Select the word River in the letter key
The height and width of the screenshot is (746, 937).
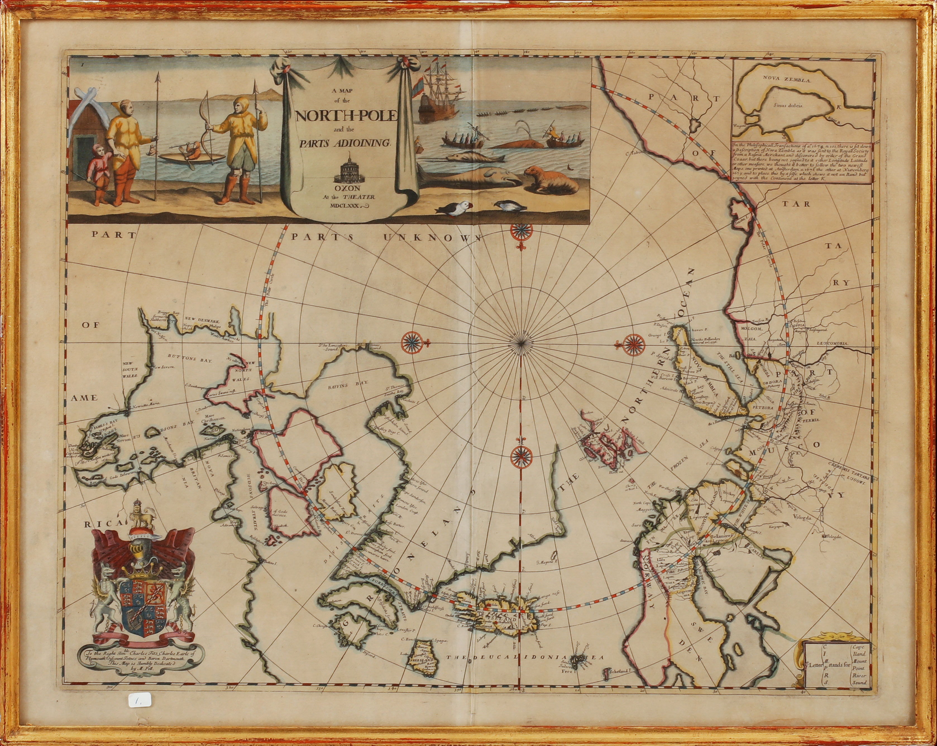pyautogui.click(x=859, y=688)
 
